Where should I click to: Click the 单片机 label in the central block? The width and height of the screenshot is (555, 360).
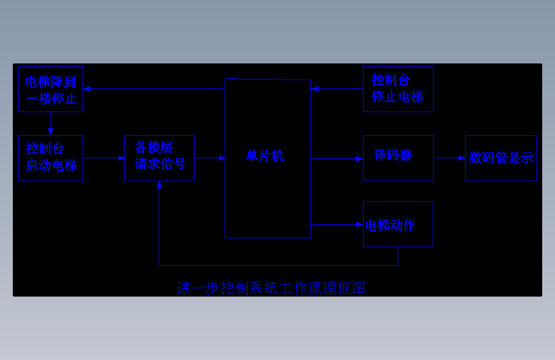point(265,156)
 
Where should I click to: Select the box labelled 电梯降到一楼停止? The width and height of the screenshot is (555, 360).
point(51,89)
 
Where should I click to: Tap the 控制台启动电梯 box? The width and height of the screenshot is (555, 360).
point(51,158)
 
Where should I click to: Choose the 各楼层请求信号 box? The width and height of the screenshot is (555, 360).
point(159,158)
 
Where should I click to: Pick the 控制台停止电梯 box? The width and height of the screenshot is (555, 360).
point(398,89)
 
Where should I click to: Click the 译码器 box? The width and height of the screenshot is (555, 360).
point(398,158)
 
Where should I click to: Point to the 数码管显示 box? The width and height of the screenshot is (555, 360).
point(501,158)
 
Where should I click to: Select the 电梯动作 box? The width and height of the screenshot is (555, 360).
point(398,224)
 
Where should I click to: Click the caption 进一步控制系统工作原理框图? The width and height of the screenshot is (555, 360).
point(271,288)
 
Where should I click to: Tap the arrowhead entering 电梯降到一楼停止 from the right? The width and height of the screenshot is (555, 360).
point(87,88)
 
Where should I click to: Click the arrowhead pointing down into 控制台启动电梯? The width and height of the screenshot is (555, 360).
point(51,132)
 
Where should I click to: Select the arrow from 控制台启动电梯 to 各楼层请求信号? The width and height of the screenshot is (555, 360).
point(104,158)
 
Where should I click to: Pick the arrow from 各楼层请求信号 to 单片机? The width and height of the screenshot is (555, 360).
point(209,158)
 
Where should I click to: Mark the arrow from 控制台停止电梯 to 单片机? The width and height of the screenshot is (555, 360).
point(337,88)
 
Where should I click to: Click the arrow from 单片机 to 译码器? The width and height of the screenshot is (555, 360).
point(337,158)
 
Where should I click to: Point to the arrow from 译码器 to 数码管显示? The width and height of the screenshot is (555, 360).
point(449,158)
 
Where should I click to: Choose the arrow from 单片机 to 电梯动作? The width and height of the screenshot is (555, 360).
point(337,224)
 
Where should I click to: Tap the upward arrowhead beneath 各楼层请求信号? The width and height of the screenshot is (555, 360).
point(159,185)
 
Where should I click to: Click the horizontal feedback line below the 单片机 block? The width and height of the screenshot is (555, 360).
point(278,265)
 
